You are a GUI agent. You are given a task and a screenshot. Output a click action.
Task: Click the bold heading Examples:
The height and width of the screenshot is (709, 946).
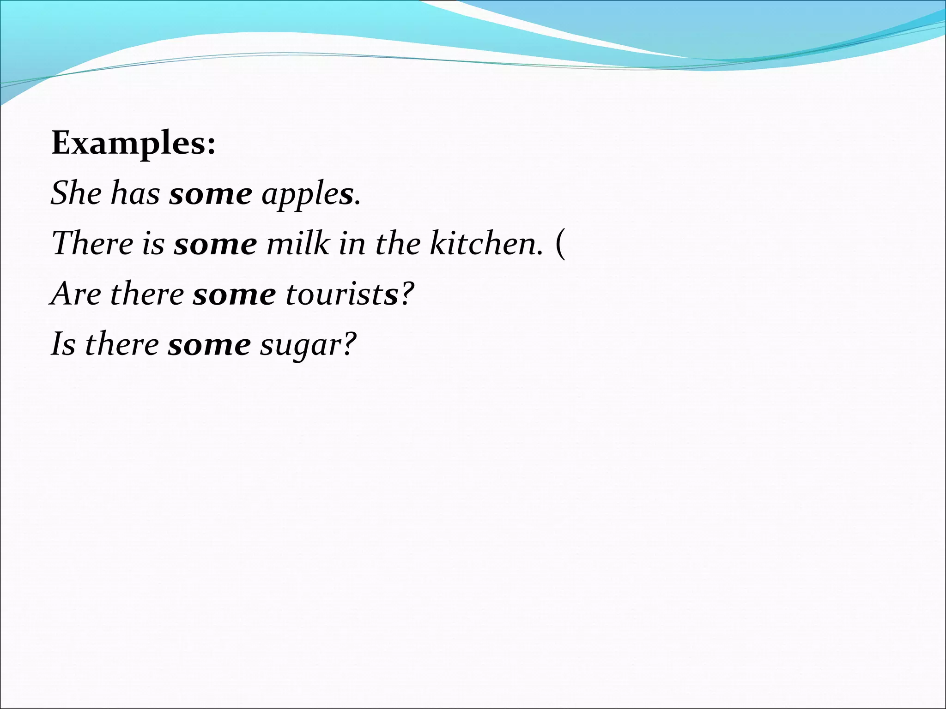point(133,144)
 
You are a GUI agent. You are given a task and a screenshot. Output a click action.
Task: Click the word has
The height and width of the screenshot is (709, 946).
point(135,193)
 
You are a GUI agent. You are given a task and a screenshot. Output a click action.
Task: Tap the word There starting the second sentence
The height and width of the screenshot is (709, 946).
point(93,243)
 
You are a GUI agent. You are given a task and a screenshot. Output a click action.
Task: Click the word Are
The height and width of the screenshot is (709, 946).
point(75,294)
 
